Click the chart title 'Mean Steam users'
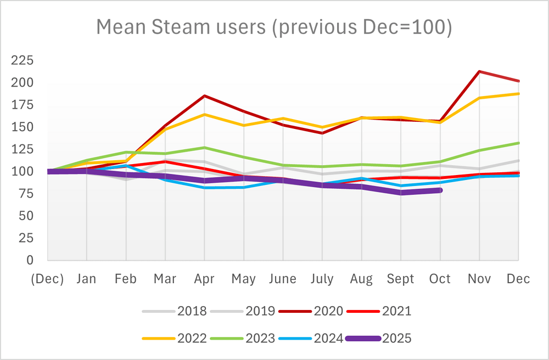(274, 26)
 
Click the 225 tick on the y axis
(23, 60)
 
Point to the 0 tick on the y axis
(30, 260)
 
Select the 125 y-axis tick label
(23, 149)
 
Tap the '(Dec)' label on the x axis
(47, 279)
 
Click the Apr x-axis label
(204, 279)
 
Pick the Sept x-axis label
(401, 279)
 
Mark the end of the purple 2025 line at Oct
(440, 190)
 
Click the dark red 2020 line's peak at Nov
(480, 71)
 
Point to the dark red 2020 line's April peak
(204, 96)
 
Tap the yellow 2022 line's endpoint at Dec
(519, 94)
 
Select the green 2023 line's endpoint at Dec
(519, 143)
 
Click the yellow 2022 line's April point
(204, 114)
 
